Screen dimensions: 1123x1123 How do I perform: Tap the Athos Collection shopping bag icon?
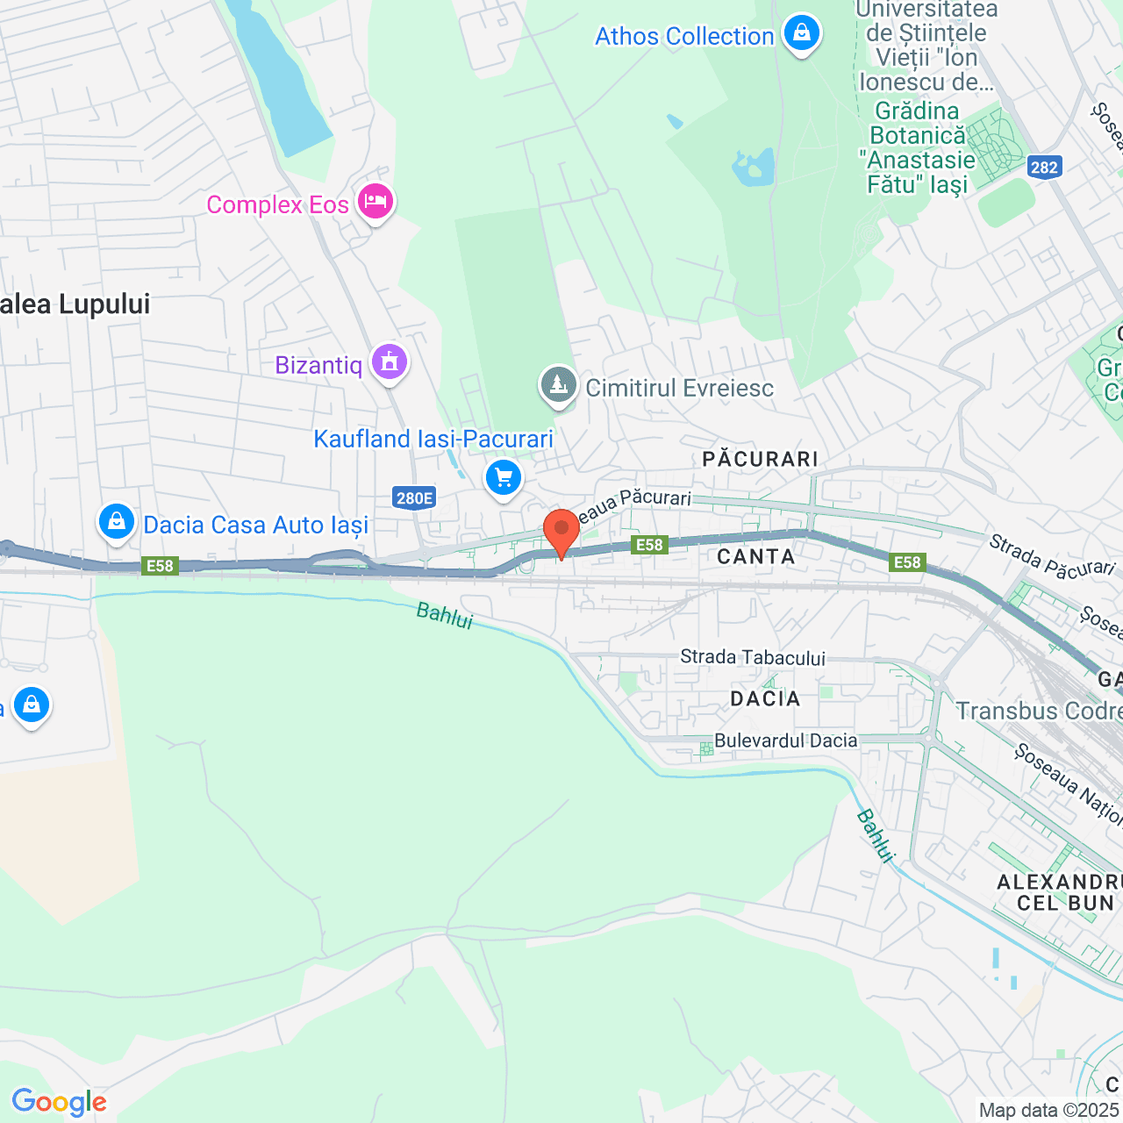(x=801, y=33)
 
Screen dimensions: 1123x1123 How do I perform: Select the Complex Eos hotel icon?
(x=376, y=201)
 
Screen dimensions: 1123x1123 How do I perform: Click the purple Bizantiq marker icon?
(x=390, y=361)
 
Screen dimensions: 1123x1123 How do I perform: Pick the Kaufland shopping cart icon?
(x=504, y=478)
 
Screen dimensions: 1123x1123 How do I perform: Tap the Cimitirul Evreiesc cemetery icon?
(x=558, y=385)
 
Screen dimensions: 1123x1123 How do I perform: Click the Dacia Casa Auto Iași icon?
(x=116, y=522)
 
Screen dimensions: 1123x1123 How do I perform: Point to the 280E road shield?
(x=414, y=498)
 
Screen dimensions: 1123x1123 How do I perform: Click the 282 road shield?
(x=1044, y=168)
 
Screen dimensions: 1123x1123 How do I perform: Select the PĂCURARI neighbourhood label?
(x=761, y=459)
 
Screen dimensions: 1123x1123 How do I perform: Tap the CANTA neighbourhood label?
(x=756, y=556)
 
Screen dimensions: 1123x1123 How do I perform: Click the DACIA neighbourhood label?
(x=766, y=698)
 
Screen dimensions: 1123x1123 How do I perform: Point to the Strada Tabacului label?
(x=753, y=657)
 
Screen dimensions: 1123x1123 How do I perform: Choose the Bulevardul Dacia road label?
(x=785, y=740)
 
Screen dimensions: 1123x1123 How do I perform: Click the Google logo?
(x=59, y=1102)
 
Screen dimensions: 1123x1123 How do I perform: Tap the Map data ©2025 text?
(x=1049, y=1111)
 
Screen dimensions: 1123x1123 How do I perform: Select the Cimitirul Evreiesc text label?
(x=680, y=388)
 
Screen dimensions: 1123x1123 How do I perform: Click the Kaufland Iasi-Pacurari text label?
(x=433, y=439)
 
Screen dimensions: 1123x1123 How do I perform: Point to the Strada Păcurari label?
(x=1052, y=556)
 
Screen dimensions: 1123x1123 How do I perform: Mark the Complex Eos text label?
(x=277, y=204)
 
